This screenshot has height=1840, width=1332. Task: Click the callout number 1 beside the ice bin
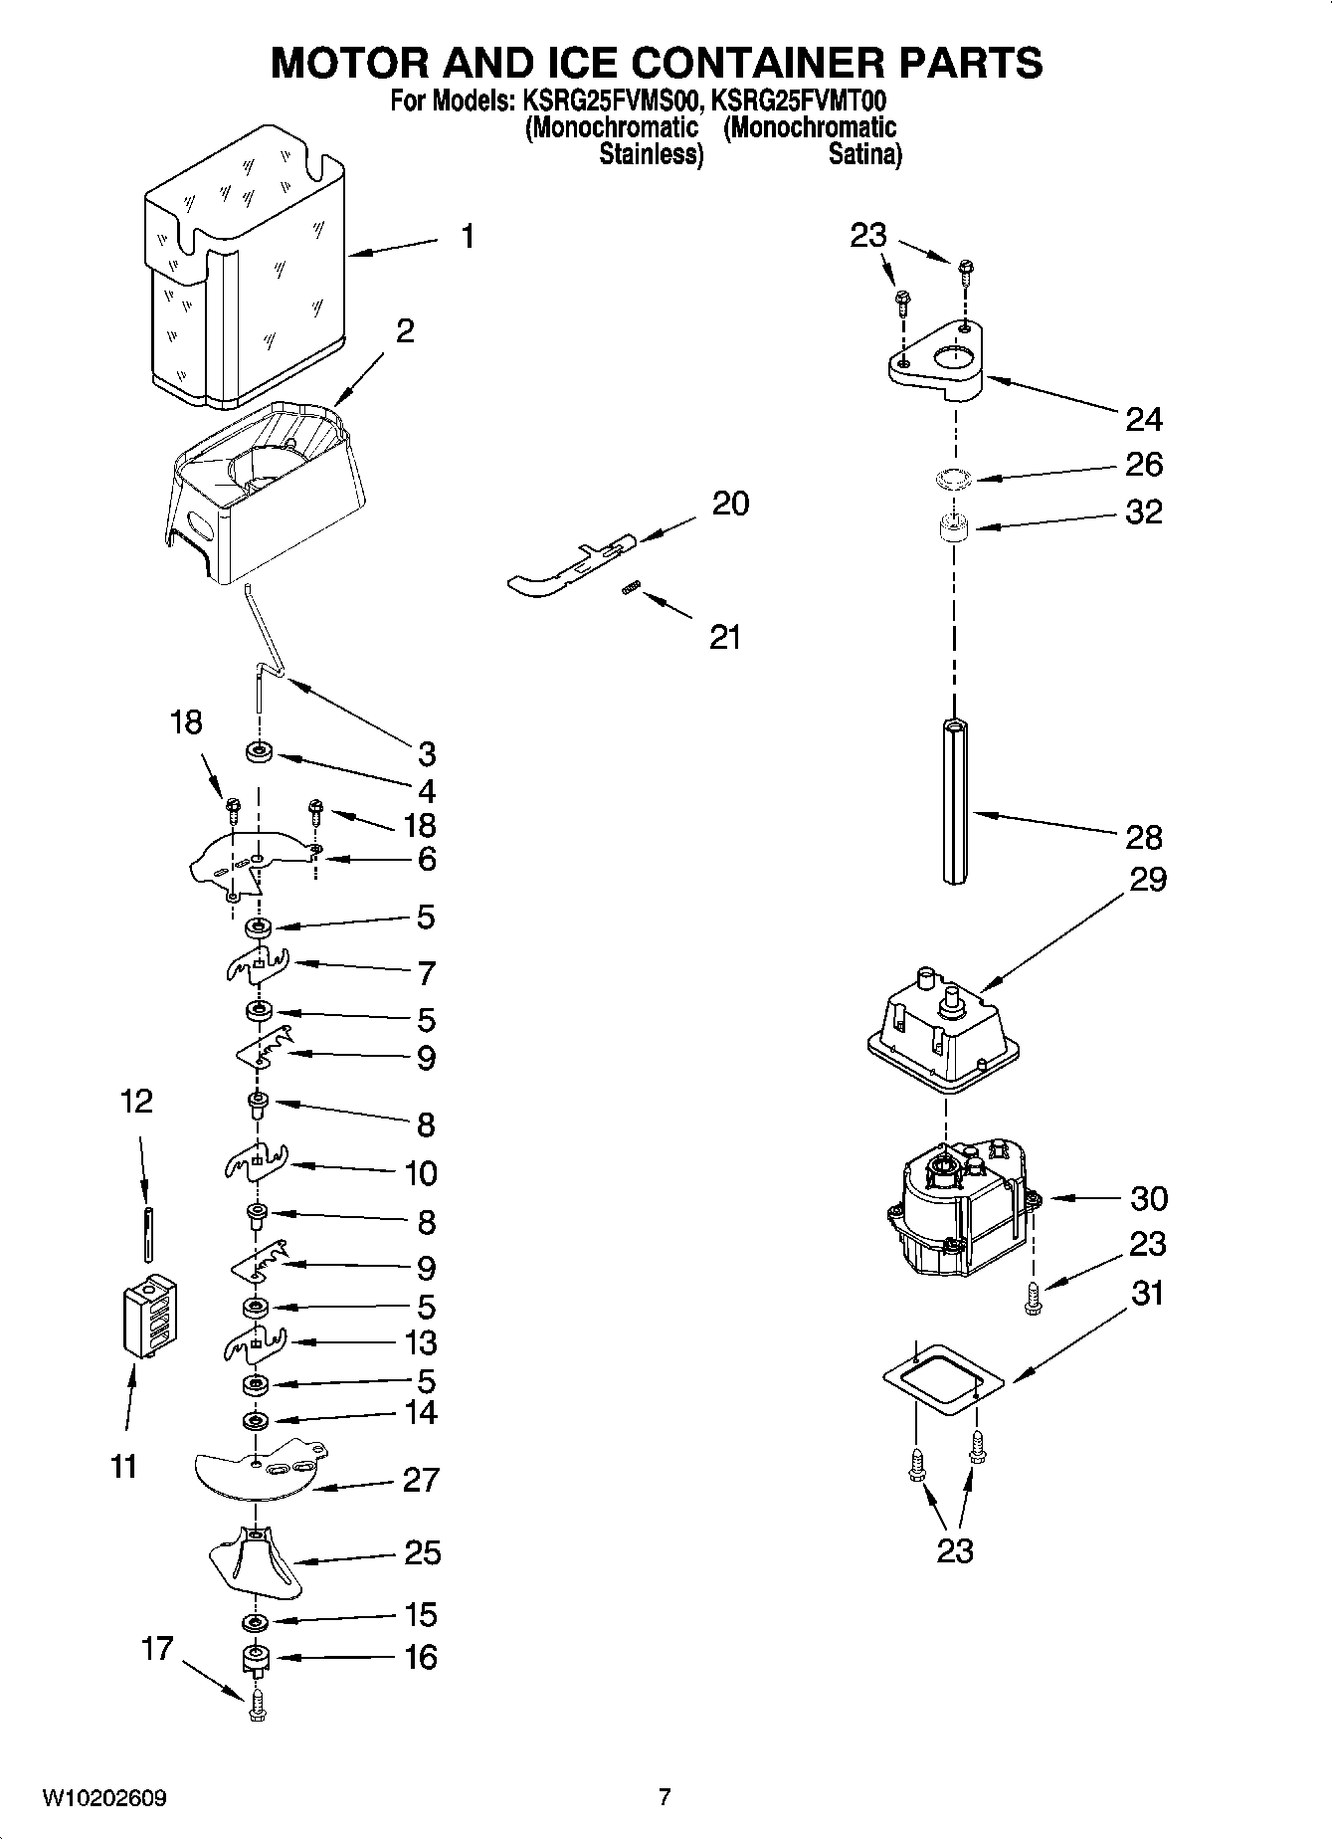467,237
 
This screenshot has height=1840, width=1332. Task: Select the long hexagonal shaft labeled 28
954,801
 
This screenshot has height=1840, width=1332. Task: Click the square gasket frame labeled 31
942,1378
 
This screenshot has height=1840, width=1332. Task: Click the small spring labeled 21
630,589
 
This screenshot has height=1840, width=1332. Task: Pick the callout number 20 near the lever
730,504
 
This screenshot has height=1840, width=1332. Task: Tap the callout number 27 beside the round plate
420,1480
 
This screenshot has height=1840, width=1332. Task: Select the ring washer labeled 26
955,480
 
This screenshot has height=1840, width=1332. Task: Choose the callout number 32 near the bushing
1143,511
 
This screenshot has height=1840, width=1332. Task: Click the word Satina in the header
864,154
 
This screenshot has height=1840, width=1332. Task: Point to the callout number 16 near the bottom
421,1657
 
